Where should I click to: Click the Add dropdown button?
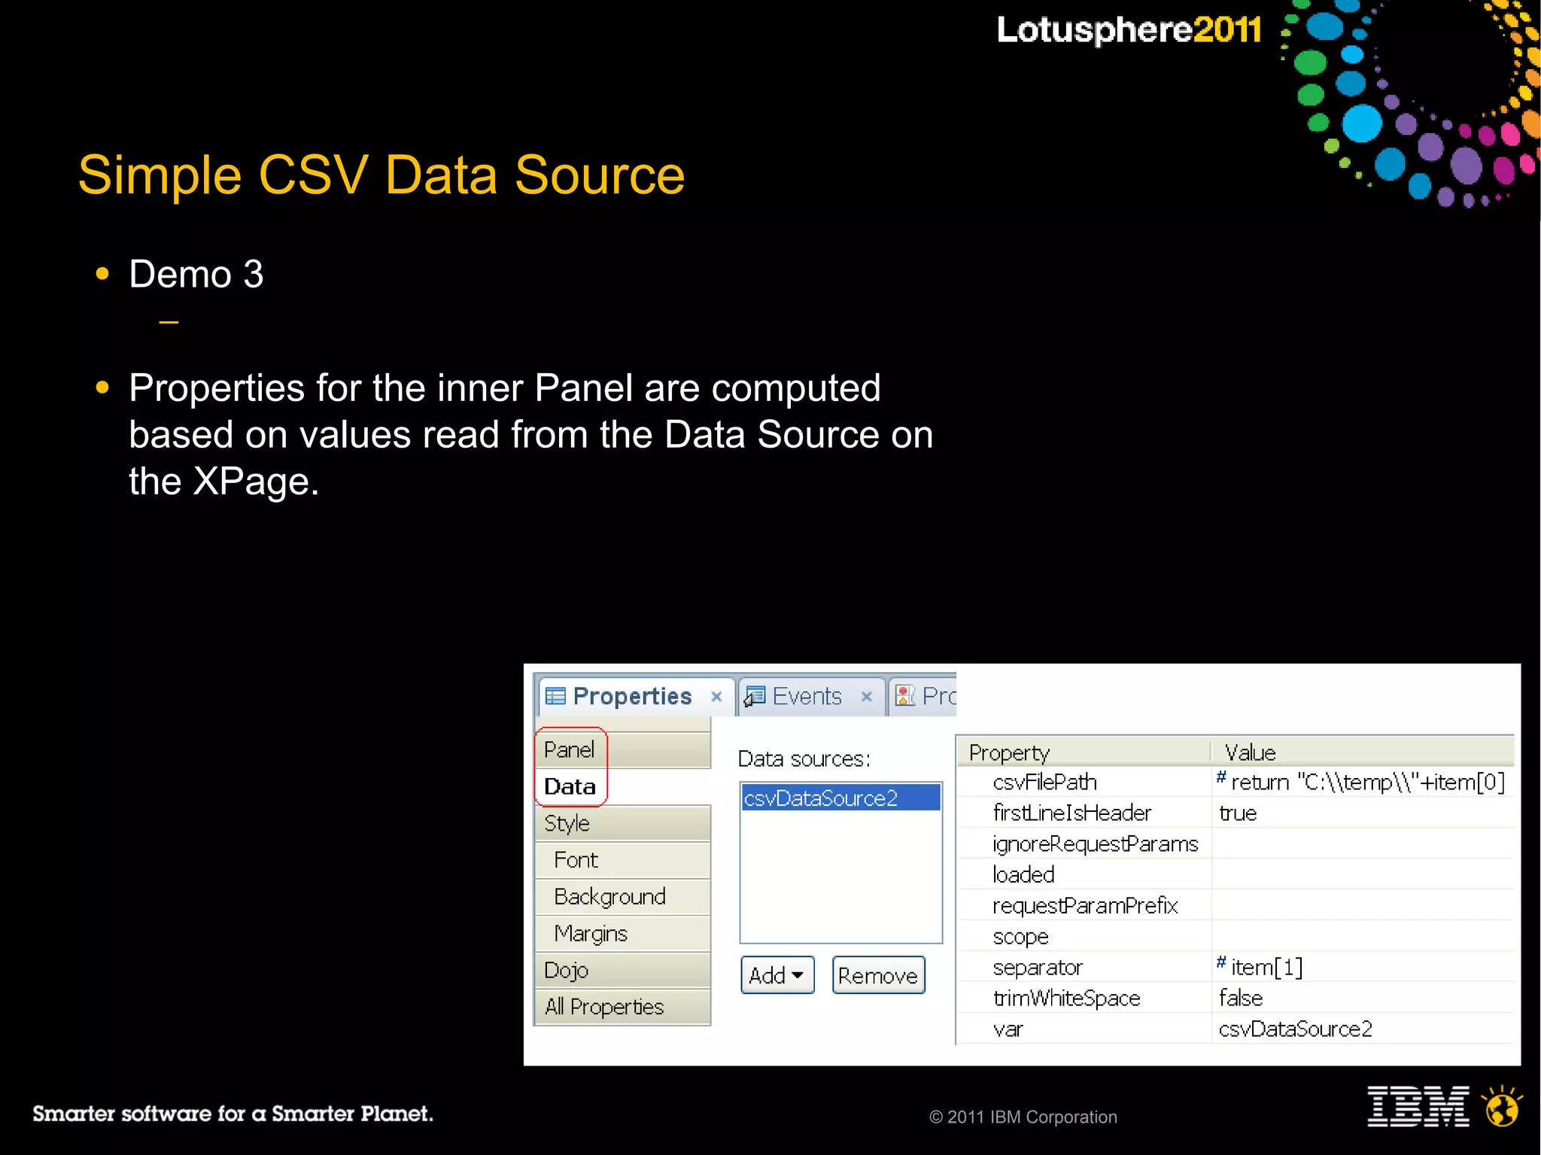pyautogui.click(x=777, y=975)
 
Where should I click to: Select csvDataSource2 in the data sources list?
pyautogui.click(x=821, y=798)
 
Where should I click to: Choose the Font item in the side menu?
pyautogui.click(x=576, y=860)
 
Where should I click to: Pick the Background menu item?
pyautogui.click(x=609, y=897)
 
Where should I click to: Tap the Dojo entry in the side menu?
pyautogui.click(x=566, y=970)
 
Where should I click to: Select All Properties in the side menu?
pyautogui.click(x=604, y=1007)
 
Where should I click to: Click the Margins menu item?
pyautogui.click(x=591, y=934)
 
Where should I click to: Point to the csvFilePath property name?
pyautogui.click(x=1044, y=783)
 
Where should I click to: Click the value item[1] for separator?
pyautogui.click(x=1266, y=967)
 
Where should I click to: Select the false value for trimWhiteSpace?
pyautogui.click(x=1241, y=998)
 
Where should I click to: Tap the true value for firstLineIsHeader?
pyautogui.click(x=1238, y=813)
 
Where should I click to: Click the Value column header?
pyautogui.click(x=1250, y=752)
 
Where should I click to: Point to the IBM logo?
pyautogui.click(x=1418, y=1106)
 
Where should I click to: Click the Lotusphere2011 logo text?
pyautogui.click(x=1129, y=30)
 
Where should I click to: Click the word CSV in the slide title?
pyautogui.click(x=313, y=175)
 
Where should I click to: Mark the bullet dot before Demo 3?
pyautogui.click(x=103, y=274)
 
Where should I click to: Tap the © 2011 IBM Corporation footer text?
pyautogui.click(x=1023, y=1117)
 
